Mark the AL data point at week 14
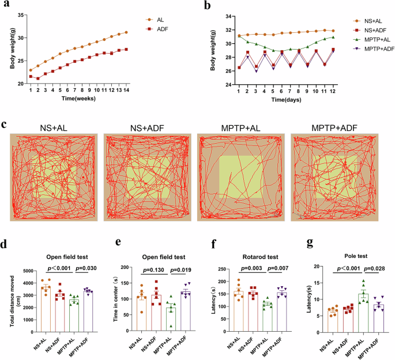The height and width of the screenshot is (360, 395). pyautogui.click(x=126, y=32)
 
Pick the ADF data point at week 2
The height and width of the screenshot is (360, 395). pyautogui.click(x=38, y=78)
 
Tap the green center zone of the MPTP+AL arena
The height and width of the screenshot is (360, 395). pyautogui.click(x=240, y=177)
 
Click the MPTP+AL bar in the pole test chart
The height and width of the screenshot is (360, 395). pyautogui.click(x=364, y=308)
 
